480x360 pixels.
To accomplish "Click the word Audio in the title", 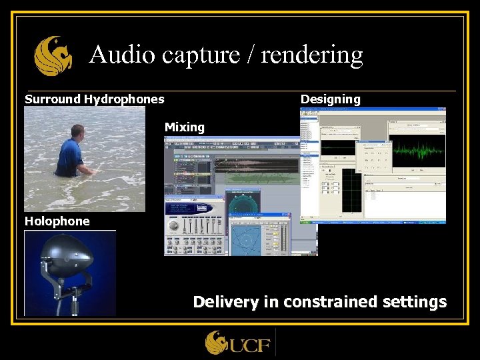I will point(117,55).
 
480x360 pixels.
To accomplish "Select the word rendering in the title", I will point(312,55).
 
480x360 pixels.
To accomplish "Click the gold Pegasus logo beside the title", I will point(53,56).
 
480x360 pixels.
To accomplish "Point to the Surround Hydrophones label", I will point(94,99).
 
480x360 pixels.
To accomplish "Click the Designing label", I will point(330,99).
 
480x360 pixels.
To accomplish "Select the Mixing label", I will point(185,127).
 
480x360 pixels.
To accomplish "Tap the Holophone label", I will point(57,221).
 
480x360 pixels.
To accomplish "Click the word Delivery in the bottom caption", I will point(226,302).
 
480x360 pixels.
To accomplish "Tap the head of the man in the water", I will point(78,131).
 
